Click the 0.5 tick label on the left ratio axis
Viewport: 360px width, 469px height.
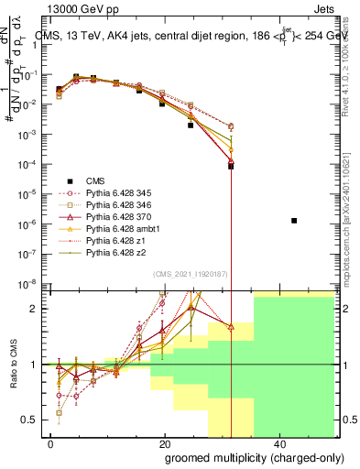[30, 420]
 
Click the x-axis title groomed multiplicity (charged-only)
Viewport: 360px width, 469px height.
[243, 457]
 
